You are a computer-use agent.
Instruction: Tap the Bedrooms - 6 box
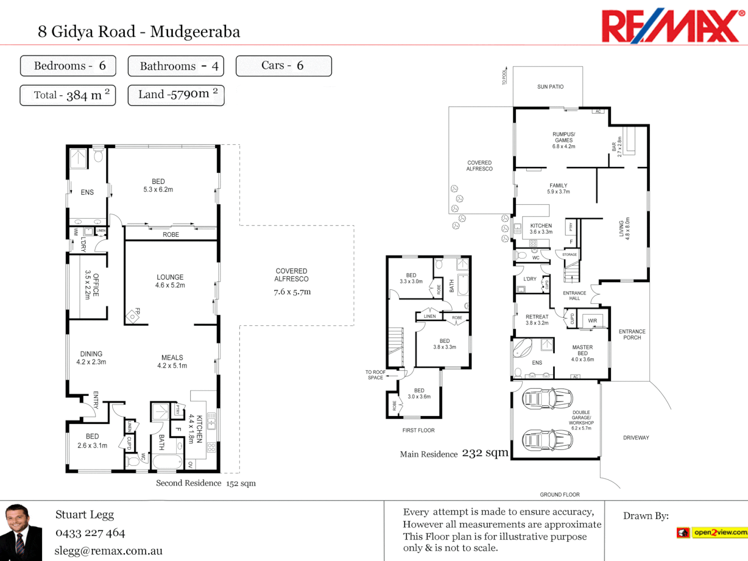pos(68,66)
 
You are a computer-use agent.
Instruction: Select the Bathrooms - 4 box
pos(176,66)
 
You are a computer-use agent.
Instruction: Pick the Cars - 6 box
pos(284,66)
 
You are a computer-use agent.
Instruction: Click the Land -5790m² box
pos(176,95)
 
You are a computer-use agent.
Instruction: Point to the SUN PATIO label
pos(550,87)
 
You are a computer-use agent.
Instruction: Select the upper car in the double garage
pos(547,399)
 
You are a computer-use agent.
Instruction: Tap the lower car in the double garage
pos(547,440)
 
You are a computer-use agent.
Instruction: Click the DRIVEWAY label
pos(636,438)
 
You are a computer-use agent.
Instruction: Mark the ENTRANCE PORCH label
pos(632,335)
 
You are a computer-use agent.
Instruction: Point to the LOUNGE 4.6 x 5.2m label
pos(170,281)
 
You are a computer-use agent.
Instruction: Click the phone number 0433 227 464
pos(90,533)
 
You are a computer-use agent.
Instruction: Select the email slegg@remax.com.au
pos(109,551)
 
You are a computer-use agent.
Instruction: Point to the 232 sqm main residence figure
pos(485,453)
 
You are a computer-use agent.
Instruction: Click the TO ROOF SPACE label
pos(375,375)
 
